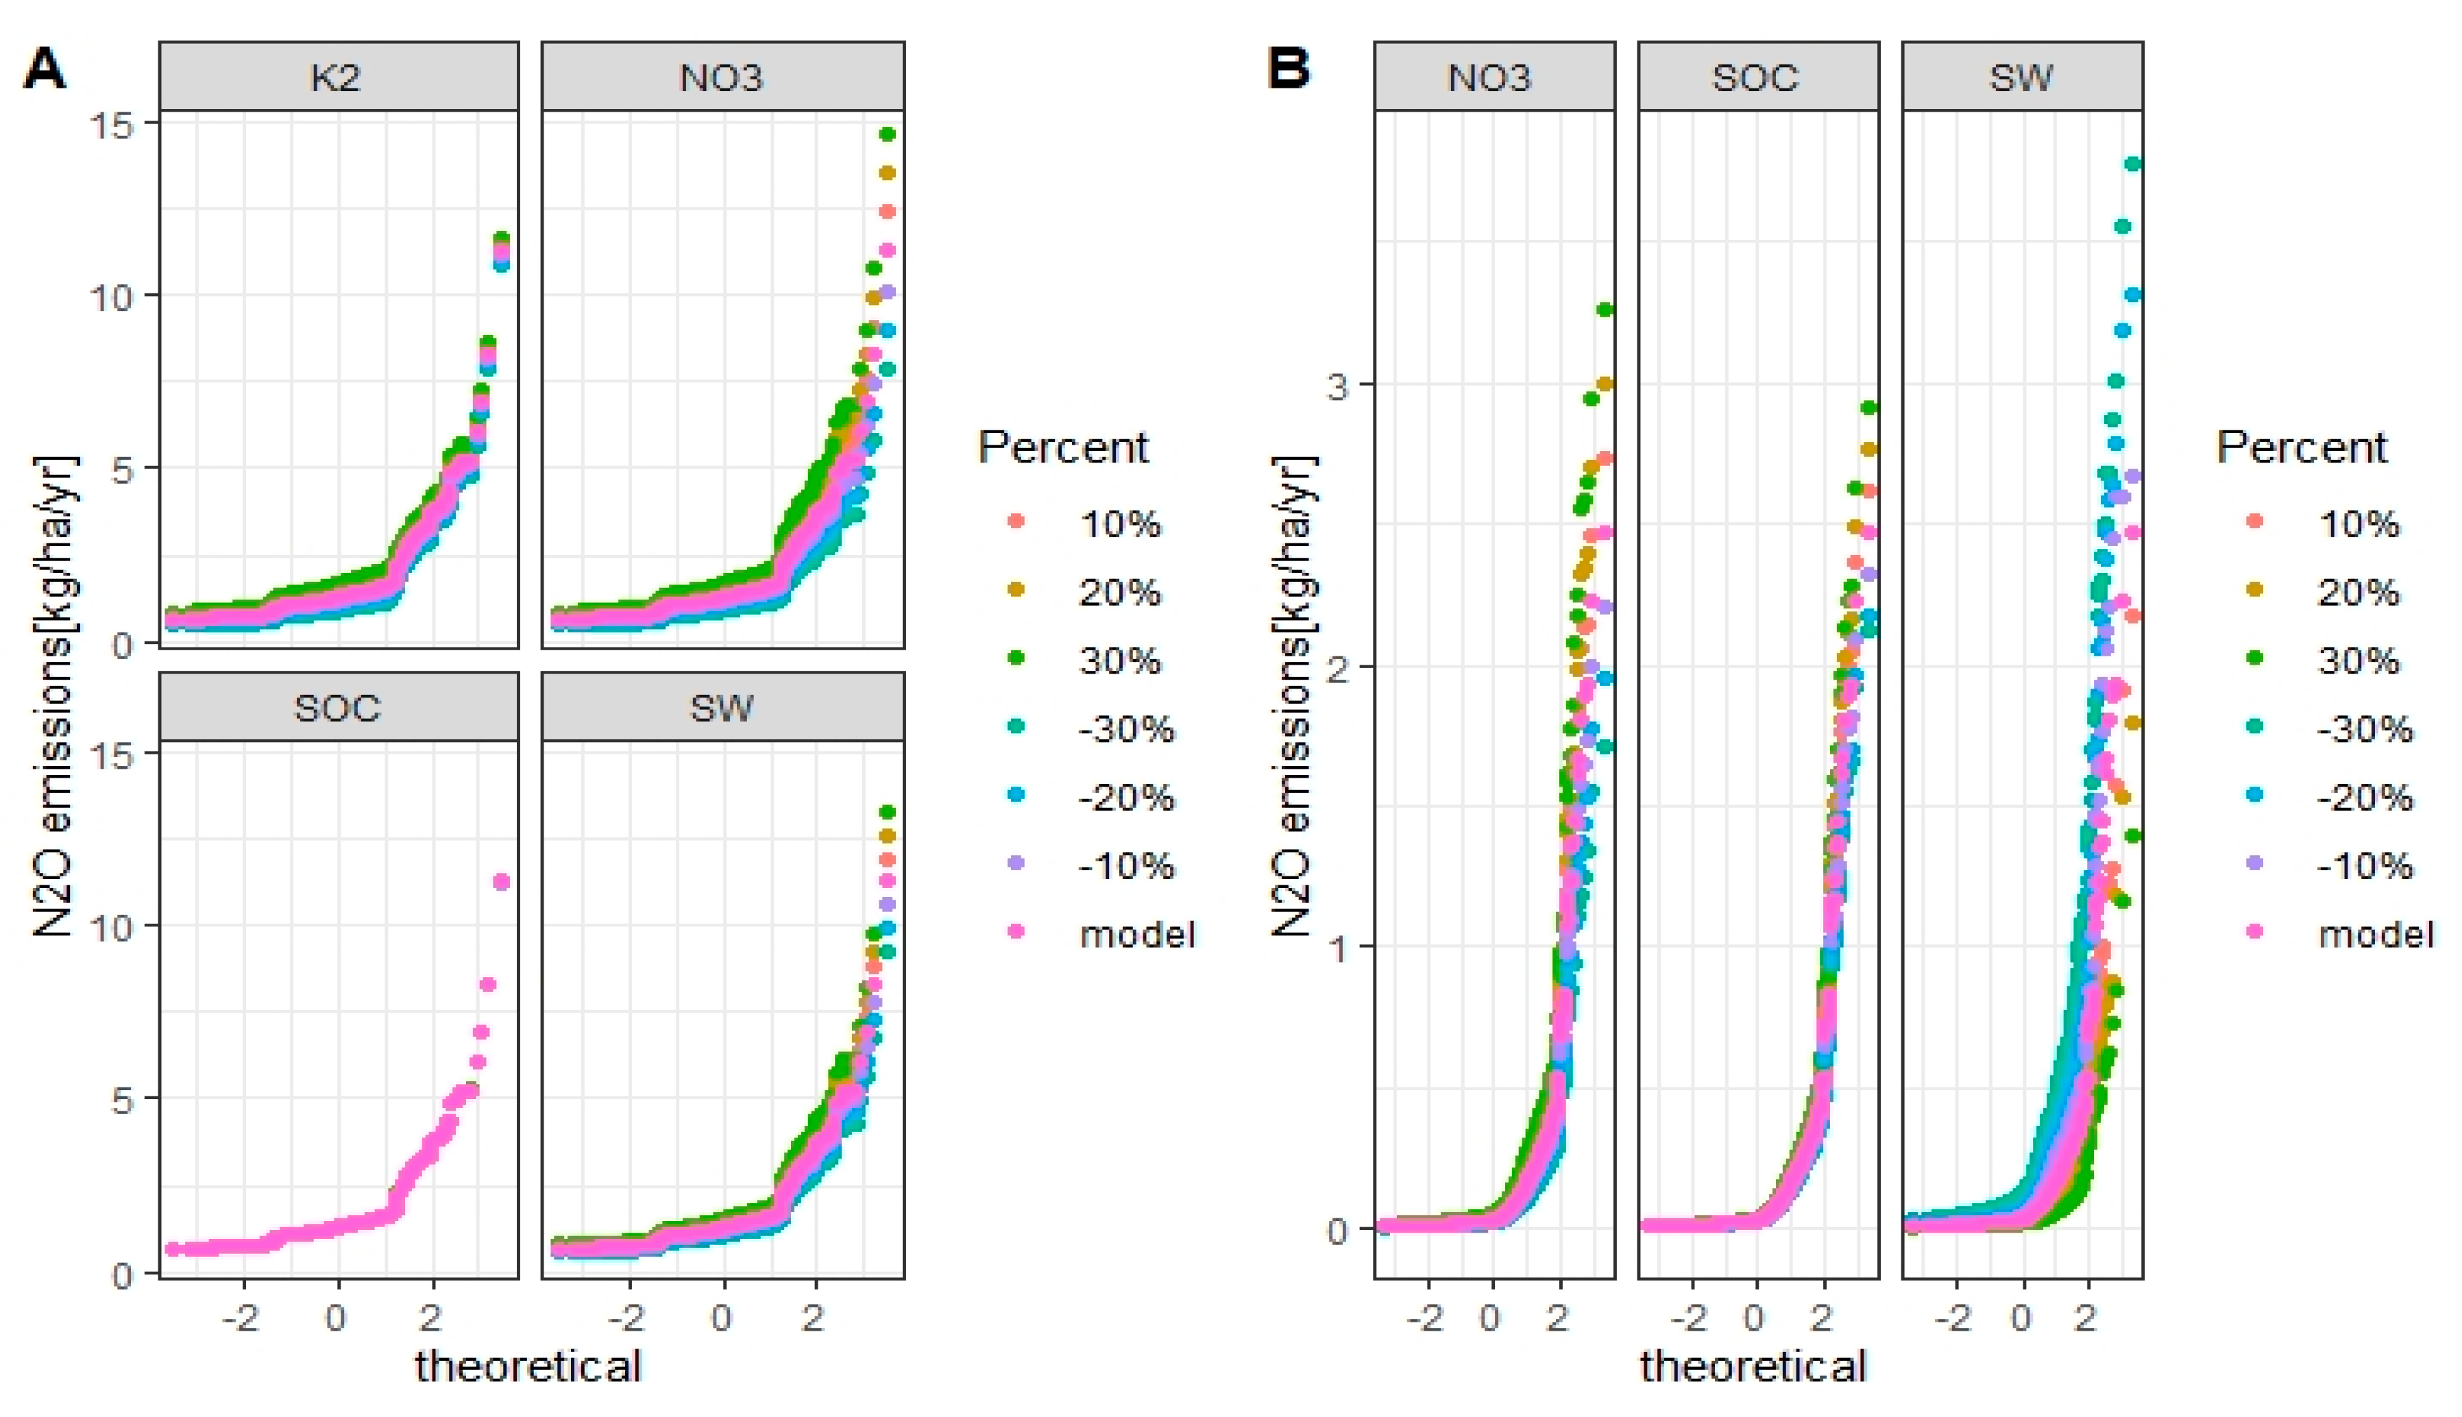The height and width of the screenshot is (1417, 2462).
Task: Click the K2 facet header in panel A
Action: click(x=337, y=77)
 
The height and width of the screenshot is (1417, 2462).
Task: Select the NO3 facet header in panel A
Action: click(x=721, y=77)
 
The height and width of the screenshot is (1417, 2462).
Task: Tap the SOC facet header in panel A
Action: click(x=337, y=708)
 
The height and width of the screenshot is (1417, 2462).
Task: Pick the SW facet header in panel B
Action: click(x=2021, y=77)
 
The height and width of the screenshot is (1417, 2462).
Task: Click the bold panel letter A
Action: click(x=45, y=70)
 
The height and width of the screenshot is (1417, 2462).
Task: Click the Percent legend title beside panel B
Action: click(x=2302, y=447)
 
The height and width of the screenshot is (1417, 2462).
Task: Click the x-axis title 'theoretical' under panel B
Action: click(x=1753, y=1366)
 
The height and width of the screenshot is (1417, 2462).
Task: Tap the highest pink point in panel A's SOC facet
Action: click(x=501, y=882)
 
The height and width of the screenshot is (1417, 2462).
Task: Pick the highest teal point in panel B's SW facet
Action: click(x=2132, y=164)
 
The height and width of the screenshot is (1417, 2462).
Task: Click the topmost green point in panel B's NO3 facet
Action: click(x=1605, y=310)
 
